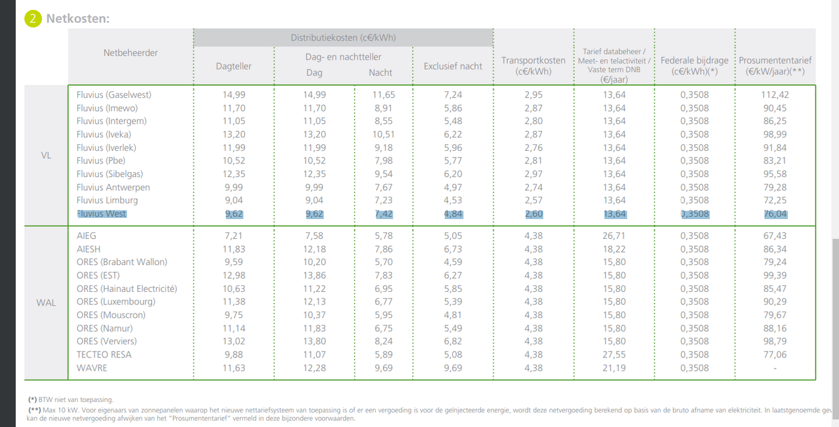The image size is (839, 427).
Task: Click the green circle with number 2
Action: (33, 18)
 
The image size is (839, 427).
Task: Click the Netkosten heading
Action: (78, 18)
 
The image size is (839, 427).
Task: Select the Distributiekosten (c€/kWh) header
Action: (343, 37)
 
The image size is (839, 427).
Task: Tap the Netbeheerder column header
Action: (130, 53)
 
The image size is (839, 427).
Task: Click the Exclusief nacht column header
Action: (453, 66)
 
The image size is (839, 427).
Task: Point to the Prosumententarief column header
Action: (775, 66)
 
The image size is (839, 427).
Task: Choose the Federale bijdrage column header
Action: (694, 66)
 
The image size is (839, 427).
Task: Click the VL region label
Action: (46, 155)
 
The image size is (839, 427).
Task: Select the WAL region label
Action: (46, 302)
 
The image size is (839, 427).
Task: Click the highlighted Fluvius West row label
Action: (102, 214)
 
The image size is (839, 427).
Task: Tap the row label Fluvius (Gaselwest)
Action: (114, 95)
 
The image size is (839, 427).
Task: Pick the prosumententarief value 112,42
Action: (775, 95)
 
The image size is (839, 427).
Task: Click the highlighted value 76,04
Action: (775, 214)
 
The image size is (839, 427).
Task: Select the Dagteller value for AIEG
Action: (234, 236)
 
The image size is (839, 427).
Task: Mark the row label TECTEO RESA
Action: (104, 355)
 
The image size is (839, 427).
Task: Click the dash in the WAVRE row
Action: (775, 368)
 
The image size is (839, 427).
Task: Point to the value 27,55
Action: (614, 355)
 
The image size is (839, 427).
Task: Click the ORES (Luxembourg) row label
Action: (116, 302)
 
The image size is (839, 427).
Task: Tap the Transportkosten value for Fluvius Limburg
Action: (534, 200)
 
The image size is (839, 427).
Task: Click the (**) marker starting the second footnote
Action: (35, 410)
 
